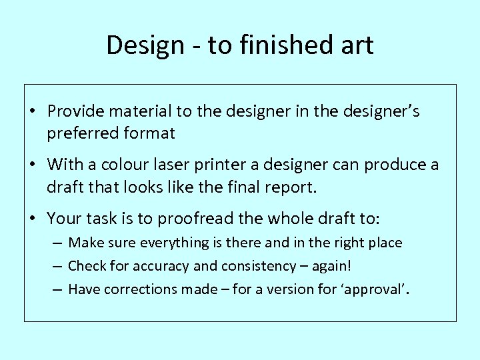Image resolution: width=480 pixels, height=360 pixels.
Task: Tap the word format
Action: click(x=148, y=133)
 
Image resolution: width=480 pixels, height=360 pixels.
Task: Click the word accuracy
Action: click(x=154, y=266)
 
